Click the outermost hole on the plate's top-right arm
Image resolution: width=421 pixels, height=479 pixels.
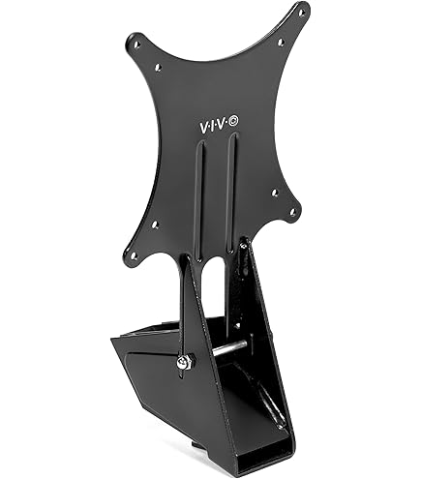click(301, 13)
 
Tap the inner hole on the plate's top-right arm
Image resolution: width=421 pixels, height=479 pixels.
click(281, 42)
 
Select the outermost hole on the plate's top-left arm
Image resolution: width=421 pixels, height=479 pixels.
click(137, 43)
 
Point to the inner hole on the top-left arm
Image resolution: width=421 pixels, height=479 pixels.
click(158, 67)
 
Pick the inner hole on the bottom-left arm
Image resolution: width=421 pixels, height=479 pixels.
click(155, 224)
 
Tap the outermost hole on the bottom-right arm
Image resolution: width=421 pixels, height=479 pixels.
click(293, 212)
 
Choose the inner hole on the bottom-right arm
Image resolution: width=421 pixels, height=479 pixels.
click(274, 193)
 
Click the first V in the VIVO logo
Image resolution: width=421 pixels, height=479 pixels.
click(202, 128)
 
